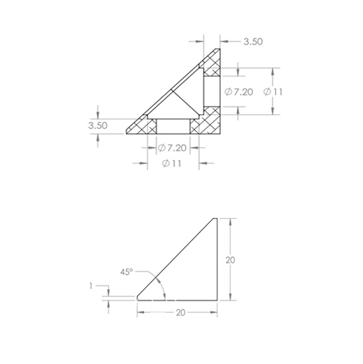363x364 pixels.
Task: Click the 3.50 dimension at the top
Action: (253, 42)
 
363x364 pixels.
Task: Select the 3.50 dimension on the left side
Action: (98, 125)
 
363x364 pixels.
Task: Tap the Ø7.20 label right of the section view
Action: (238, 92)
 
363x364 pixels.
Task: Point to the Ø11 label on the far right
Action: (273, 92)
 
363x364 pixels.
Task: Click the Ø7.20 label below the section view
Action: (172, 147)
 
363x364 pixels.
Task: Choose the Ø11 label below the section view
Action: (171, 164)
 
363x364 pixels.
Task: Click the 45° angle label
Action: (126, 272)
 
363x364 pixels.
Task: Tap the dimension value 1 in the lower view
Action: (91, 287)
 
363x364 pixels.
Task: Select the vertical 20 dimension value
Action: (230, 260)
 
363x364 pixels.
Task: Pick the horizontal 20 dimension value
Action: (181, 313)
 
